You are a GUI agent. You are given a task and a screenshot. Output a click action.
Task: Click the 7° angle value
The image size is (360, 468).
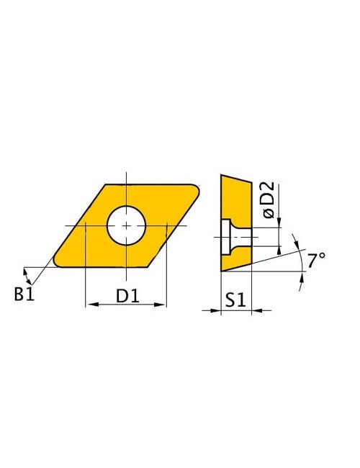tap(316, 261)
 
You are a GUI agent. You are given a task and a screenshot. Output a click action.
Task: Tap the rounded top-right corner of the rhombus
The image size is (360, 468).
tap(198, 188)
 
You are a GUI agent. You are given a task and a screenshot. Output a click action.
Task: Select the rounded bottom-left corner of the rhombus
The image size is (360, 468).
tap(57, 262)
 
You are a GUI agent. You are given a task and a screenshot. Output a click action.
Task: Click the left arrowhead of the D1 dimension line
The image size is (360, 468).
tap(89, 306)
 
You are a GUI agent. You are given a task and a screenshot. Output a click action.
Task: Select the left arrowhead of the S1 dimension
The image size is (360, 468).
tap(217, 310)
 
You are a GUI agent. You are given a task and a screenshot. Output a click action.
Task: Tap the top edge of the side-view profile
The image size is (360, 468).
tap(235, 179)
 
